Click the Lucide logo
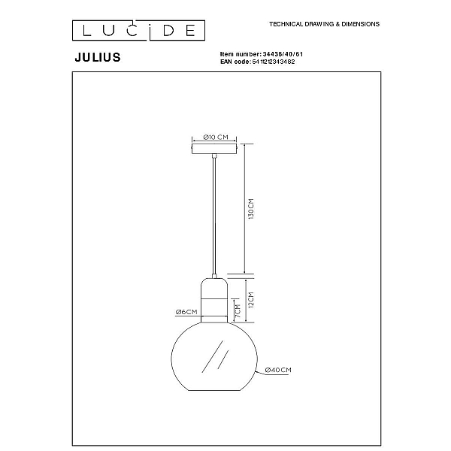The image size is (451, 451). (x=138, y=30)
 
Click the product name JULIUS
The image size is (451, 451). (x=98, y=57)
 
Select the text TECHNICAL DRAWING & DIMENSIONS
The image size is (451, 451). (x=324, y=24)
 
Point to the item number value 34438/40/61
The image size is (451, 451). (x=283, y=54)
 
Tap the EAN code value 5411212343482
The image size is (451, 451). (x=274, y=62)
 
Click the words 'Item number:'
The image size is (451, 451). (x=241, y=54)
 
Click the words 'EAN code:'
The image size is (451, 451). (x=235, y=62)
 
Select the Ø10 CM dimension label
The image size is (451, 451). (x=216, y=138)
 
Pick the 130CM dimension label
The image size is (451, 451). (x=251, y=209)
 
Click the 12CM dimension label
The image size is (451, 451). (x=251, y=300)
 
